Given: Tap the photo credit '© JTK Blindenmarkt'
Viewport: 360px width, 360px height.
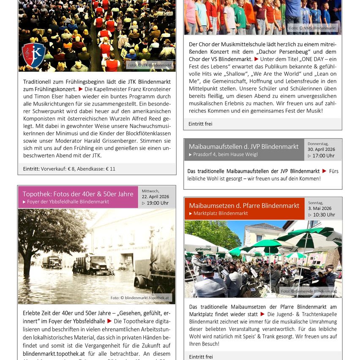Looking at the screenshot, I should coord(150,65).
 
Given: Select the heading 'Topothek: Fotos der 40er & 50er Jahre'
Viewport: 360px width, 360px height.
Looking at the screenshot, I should coord(78,194).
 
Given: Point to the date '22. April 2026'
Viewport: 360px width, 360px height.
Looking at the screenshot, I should coord(156,196).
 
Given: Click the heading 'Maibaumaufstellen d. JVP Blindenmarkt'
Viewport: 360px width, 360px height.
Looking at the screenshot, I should coord(243,147).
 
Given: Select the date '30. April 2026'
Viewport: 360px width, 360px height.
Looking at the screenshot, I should coord(321,149).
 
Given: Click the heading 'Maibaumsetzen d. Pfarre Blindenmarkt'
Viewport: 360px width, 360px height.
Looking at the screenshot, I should coord(244,205).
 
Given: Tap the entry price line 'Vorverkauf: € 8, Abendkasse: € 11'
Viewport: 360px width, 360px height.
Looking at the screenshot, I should coord(78,169).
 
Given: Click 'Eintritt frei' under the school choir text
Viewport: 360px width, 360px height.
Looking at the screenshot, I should coord(201,124).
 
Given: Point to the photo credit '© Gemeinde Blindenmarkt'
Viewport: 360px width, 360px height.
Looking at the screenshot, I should coord(309,291).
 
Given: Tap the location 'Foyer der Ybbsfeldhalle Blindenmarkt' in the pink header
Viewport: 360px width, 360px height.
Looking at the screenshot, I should coord(68,202).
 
